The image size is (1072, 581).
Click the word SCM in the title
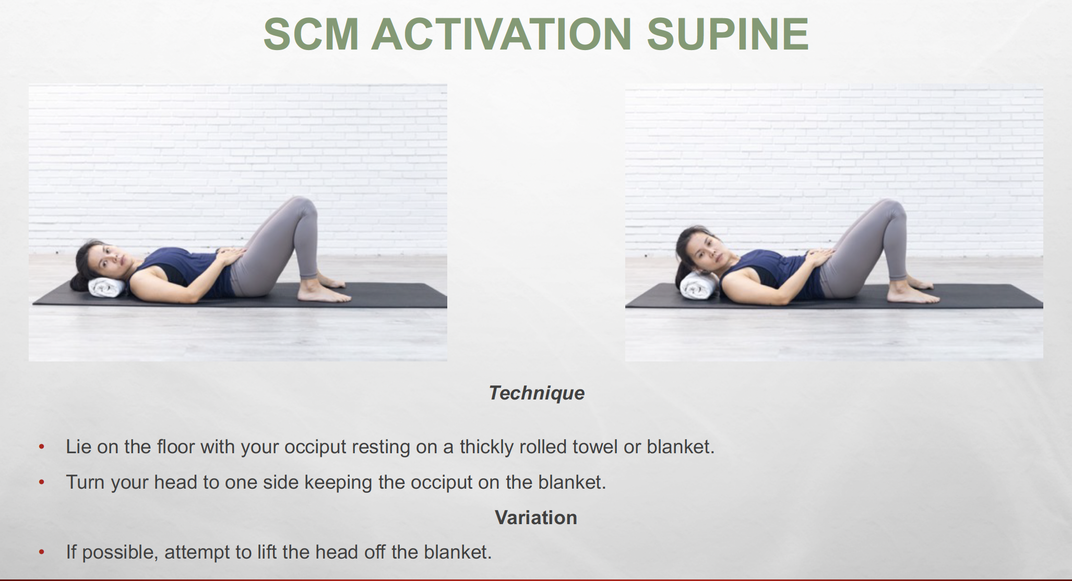pos(312,34)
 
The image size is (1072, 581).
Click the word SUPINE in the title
pos(728,34)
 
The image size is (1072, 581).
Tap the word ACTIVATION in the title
pos(502,34)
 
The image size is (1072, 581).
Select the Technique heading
pos(537,393)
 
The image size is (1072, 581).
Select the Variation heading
pos(536,518)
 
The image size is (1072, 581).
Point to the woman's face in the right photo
pos(708,251)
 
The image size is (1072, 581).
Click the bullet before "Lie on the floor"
pos(42,447)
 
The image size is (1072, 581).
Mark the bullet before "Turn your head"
pos(42,482)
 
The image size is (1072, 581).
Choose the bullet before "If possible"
pos(42,552)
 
